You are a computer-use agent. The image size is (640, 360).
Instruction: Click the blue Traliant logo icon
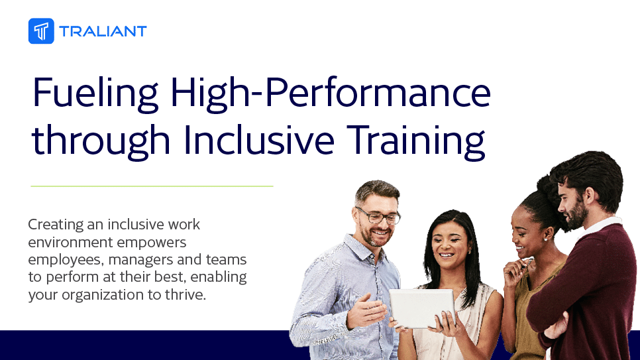[x=41, y=30]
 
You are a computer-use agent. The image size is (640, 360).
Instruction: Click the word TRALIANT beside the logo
[x=103, y=31]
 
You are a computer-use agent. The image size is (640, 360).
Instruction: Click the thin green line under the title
[x=152, y=186]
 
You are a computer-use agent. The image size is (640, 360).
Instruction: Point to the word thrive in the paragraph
[x=188, y=294]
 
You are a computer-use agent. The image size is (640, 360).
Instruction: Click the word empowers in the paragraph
[x=155, y=242]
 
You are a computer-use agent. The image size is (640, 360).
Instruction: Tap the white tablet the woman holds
[x=421, y=308]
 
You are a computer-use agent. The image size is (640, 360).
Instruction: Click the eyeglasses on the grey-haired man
[x=379, y=216]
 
